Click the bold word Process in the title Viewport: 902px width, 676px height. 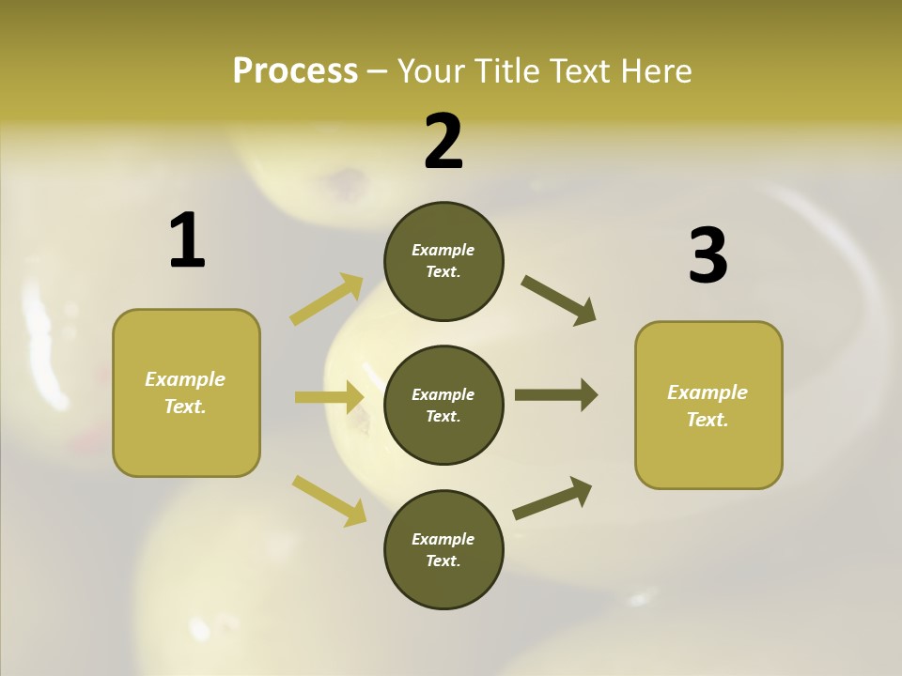coord(295,71)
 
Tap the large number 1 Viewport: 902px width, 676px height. coord(187,241)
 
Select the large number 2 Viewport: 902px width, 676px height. coord(443,142)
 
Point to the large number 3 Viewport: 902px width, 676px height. coord(708,255)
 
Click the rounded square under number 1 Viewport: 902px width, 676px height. coord(186,392)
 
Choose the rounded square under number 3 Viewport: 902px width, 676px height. coord(708,405)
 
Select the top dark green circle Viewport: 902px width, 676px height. coord(443,261)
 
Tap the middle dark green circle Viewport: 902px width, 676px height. coord(443,405)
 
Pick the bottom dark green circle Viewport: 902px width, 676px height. coord(443,549)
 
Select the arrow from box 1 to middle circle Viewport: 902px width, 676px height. coord(330,397)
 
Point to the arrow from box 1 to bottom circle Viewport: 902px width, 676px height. coord(329,500)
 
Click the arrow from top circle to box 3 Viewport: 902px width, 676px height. coord(558,300)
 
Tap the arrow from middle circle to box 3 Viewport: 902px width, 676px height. coord(556,394)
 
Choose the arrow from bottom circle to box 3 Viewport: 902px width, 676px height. coord(552,498)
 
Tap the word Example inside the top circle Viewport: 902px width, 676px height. coord(443,250)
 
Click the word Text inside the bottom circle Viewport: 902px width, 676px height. coord(442,561)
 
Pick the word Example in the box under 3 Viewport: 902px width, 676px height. coord(708,392)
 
